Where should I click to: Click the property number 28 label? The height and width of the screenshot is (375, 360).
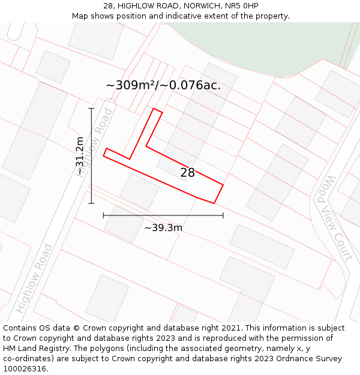(188, 173)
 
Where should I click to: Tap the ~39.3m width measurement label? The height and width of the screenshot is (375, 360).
(163, 227)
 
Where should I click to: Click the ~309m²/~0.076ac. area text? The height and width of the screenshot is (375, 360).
(163, 85)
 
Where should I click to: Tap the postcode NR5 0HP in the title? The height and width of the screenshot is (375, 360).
(244, 6)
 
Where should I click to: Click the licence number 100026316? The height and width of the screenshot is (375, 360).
(26, 369)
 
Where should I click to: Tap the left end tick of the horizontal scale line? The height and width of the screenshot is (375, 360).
(103, 215)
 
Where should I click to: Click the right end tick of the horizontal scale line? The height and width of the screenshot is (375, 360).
(223, 215)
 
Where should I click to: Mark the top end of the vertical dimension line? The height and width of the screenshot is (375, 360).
(91, 109)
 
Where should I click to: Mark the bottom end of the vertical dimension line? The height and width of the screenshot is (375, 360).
(91, 203)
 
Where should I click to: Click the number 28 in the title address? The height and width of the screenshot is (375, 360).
(108, 6)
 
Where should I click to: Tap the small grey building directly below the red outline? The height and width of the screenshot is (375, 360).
(139, 191)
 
